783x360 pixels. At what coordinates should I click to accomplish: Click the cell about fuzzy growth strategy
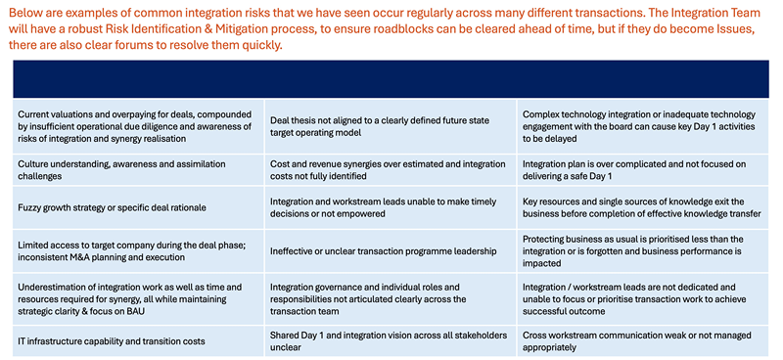(138, 207)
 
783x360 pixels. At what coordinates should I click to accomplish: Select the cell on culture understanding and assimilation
(138, 170)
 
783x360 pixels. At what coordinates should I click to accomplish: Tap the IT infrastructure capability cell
(138, 341)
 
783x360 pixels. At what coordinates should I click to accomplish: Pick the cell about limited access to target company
(138, 251)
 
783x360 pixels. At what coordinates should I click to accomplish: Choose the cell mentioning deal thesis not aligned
(390, 126)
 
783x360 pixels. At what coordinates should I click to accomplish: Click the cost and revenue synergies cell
(390, 170)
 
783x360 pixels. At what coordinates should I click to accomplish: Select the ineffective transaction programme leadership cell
(390, 251)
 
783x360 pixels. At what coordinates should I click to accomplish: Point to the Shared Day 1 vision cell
(390, 341)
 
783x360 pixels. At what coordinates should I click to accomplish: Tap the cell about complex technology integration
(643, 126)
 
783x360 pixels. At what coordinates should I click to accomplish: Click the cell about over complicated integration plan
(643, 170)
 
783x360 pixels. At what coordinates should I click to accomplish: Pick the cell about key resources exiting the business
(643, 207)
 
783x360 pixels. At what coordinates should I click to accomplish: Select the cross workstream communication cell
(643, 341)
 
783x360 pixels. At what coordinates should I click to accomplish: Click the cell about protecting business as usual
(643, 251)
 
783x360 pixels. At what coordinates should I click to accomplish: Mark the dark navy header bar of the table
(391, 79)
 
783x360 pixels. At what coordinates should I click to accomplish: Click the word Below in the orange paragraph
(23, 12)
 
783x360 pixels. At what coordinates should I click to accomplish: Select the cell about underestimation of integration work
(138, 299)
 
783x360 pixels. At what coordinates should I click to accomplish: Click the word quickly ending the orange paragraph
(264, 46)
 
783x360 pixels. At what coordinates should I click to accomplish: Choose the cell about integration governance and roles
(390, 299)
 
